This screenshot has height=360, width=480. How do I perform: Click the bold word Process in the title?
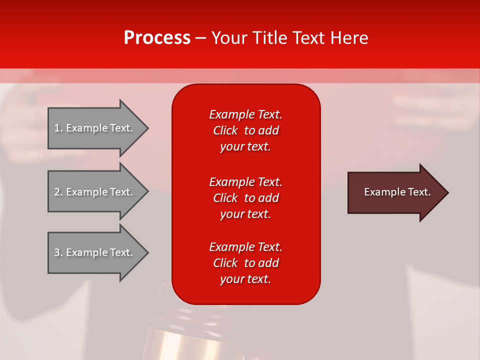pyautogui.click(x=157, y=38)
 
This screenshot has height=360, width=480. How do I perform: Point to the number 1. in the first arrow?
pyautogui.click(x=58, y=128)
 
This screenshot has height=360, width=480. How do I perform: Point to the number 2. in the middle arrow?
pyautogui.click(x=58, y=192)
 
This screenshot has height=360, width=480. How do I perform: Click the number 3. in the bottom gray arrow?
pyautogui.click(x=58, y=252)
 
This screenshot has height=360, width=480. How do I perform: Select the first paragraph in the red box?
pyautogui.click(x=245, y=130)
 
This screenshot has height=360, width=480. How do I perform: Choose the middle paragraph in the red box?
pyautogui.click(x=245, y=198)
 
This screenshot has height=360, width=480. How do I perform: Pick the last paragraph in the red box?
pyautogui.click(x=245, y=263)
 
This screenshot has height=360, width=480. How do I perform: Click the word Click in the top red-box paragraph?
pyautogui.click(x=225, y=131)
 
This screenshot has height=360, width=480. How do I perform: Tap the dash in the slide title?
pyautogui.click(x=201, y=38)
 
